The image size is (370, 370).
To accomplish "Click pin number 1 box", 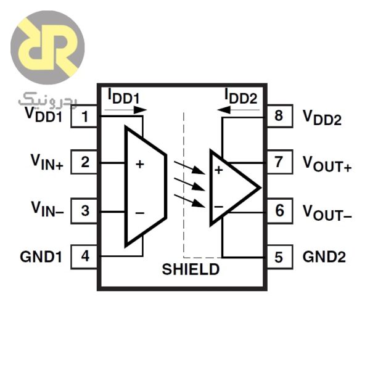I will (85, 116).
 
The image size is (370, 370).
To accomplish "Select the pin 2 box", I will (85, 163).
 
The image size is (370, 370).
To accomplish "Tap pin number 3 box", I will (85, 210).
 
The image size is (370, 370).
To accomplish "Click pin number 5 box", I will (279, 257).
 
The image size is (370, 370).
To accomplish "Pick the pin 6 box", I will (279, 210).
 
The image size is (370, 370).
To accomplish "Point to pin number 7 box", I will (279, 163).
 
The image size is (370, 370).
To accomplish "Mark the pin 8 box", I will (279, 116).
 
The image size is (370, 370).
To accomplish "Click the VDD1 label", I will (43, 114).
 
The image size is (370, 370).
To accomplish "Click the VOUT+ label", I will (326, 163).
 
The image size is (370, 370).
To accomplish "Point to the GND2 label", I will (324, 257).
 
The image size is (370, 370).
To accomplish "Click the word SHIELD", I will (190, 269).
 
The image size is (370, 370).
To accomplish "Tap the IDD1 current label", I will (124, 96).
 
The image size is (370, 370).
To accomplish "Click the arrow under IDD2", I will (240, 110).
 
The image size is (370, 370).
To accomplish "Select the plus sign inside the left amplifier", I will (140, 164).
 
